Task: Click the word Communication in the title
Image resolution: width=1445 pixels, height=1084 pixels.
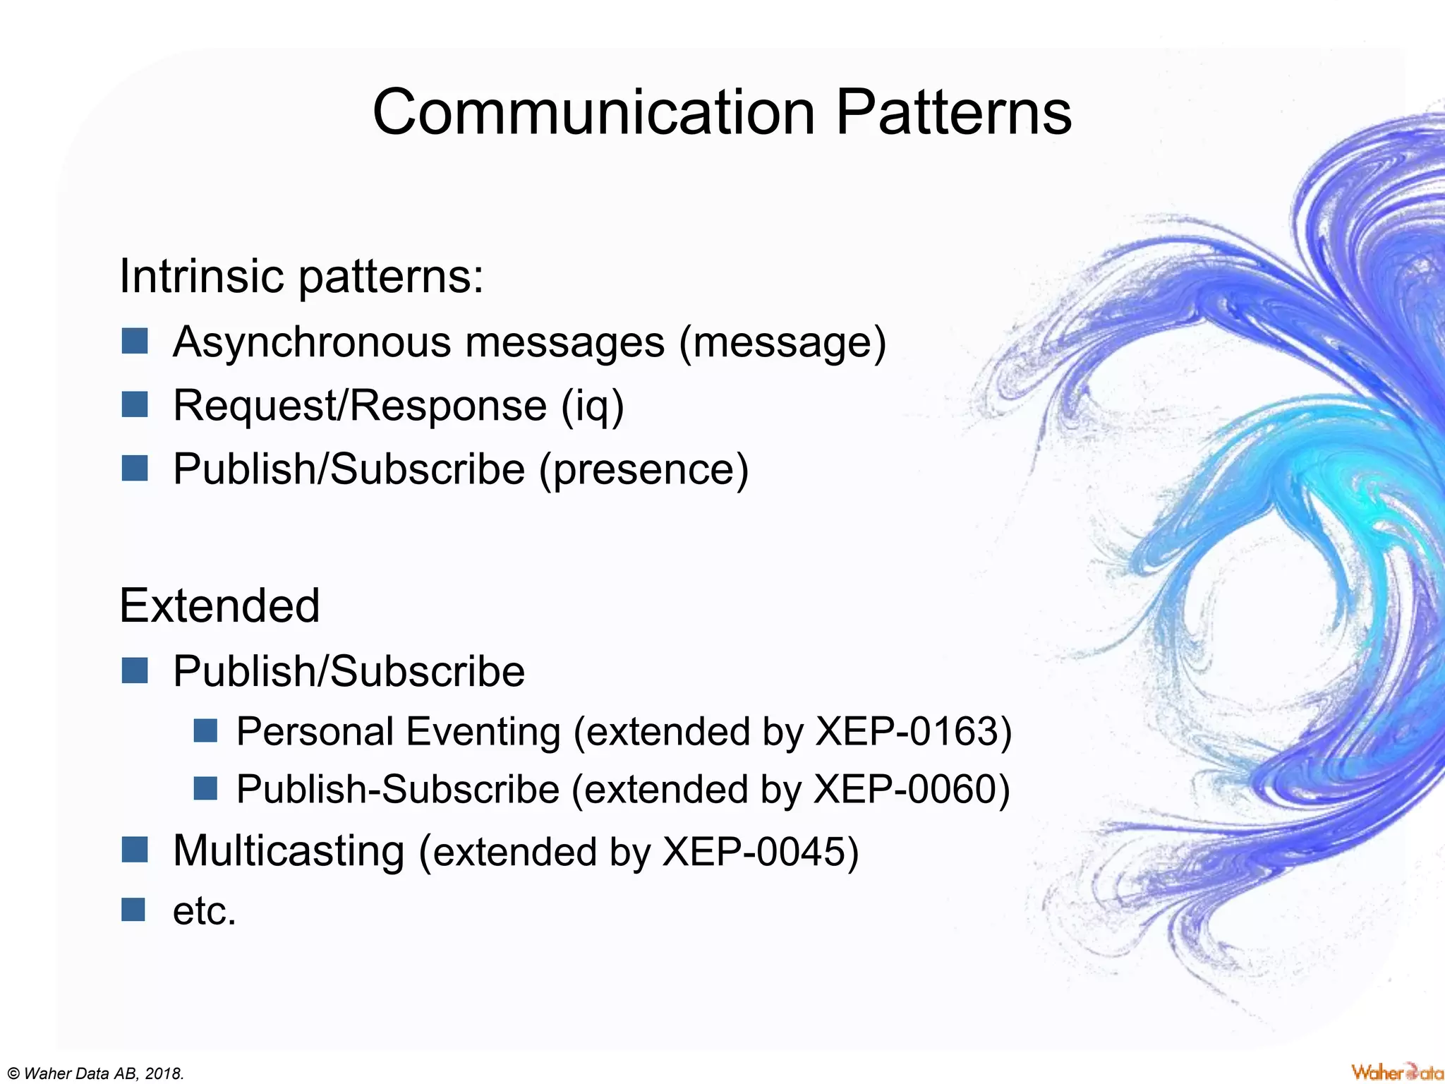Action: coord(593,113)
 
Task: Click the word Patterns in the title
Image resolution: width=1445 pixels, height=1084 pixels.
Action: coord(953,113)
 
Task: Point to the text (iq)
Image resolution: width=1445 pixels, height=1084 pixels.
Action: coord(593,406)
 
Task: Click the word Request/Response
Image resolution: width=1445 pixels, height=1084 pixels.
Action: coord(360,406)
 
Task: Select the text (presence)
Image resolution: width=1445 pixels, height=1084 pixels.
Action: coord(643,470)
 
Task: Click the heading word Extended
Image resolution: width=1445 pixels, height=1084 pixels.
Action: coord(219,606)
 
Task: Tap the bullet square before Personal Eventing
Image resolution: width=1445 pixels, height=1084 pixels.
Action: coord(205,730)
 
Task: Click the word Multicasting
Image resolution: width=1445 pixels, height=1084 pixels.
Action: coord(289,851)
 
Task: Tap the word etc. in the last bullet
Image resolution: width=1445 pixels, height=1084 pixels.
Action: coord(204,911)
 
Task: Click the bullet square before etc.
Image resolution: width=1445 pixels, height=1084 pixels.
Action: coord(133,910)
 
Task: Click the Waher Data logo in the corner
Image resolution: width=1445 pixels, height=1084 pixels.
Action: coord(1396,1071)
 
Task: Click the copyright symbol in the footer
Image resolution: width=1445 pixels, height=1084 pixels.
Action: coord(13,1074)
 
